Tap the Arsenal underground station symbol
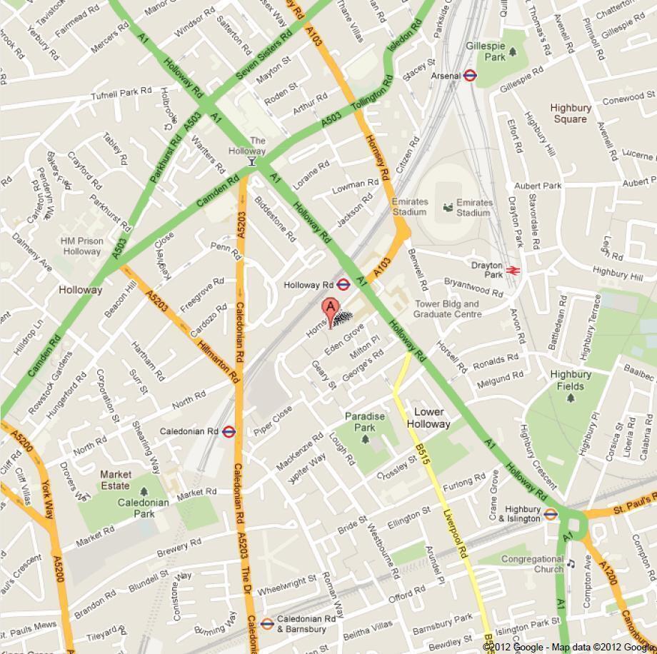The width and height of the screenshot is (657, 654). (x=470, y=75)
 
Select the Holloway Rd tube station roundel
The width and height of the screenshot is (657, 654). (x=343, y=284)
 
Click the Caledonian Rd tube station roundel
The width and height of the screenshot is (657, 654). (x=229, y=431)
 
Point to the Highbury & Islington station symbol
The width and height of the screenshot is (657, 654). (x=551, y=513)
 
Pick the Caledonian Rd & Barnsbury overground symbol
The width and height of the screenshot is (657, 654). (x=266, y=623)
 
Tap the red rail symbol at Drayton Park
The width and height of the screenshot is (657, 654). (x=512, y=270)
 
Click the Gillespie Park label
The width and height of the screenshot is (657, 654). (x=486, y=51)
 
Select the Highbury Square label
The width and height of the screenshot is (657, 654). (x=571, y=114)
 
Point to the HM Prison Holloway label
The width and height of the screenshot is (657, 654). (x=81, y=246)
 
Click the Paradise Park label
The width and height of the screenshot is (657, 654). (x=365, y=422)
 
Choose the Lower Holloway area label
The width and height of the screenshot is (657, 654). (x=428, y=418)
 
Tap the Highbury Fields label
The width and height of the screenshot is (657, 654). (x=571, y=380)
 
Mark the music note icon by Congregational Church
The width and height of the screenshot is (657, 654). (x=570, y=563)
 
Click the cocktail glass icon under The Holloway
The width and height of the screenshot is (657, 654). (x=251, y=162)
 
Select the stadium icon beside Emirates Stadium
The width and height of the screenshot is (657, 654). (x=447, y=208)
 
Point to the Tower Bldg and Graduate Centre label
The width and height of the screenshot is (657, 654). (x=447, y=308)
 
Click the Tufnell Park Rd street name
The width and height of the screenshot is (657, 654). (x=121, y=91)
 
